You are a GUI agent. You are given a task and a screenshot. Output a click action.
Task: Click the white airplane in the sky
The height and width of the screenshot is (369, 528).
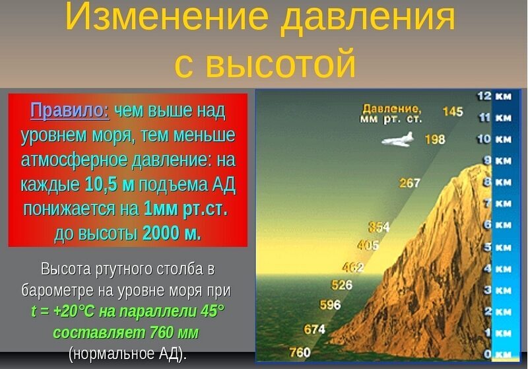[x=398, y=140]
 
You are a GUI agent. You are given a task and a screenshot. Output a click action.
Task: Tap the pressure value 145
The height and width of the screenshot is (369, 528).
[x=453, y=112]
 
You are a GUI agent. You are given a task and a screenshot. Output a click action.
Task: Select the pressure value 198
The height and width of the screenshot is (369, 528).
[x=435, y=140]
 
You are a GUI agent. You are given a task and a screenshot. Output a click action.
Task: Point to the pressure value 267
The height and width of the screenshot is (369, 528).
[x=410, y=183]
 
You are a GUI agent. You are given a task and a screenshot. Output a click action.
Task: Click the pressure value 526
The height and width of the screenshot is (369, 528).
[x=341, y=285]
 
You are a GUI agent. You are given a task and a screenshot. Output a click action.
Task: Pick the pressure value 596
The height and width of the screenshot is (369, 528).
[x=330, y=305]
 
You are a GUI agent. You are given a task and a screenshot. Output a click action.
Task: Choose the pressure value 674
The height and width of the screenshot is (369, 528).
[x=315, y=329]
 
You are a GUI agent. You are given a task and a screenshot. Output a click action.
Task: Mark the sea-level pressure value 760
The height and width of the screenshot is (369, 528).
[x=300, y=352]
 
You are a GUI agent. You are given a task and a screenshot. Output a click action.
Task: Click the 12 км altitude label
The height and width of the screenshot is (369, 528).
[x=494, y=96]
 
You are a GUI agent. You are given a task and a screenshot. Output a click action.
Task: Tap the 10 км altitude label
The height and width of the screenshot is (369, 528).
[x=494, y=139]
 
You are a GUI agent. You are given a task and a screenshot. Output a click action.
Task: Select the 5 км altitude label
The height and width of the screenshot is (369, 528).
[x=494, y=247]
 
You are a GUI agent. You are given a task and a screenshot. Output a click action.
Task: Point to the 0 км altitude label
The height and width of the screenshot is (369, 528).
[x=494, y=354]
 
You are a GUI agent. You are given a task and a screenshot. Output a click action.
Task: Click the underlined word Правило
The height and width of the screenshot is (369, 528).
[x=70, y=110]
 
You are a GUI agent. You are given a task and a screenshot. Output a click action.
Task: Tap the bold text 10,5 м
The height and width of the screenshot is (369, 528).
[x=110, y=185]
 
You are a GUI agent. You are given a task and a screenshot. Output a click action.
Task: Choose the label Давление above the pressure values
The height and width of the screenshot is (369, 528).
[x=391, y=108]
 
